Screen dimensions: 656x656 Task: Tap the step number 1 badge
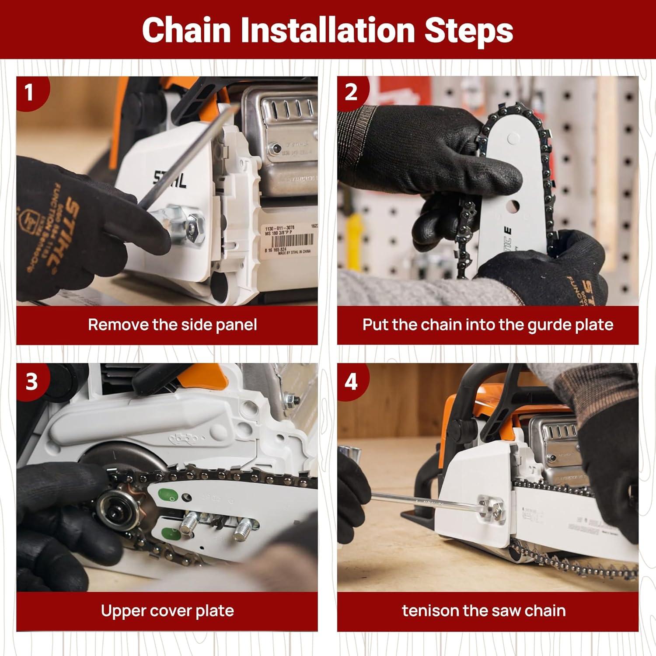29,93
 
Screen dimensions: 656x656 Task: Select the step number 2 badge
351,92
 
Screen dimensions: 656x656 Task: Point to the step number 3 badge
31,382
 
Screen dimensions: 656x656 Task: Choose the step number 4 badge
351,382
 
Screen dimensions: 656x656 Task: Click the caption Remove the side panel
172,325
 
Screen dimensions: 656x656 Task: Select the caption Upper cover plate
167,611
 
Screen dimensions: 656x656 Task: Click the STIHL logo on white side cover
170,179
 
